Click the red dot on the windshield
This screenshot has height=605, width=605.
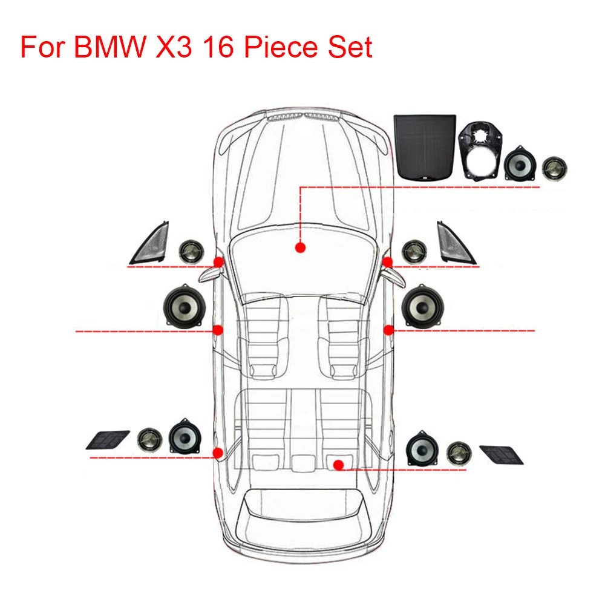pyautogui.click(x=299, y=247)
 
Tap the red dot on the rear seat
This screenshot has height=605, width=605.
pyautogui.click(x=339, y=465)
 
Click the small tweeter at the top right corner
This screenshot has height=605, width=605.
pyautogui.click(x=552, y=167)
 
